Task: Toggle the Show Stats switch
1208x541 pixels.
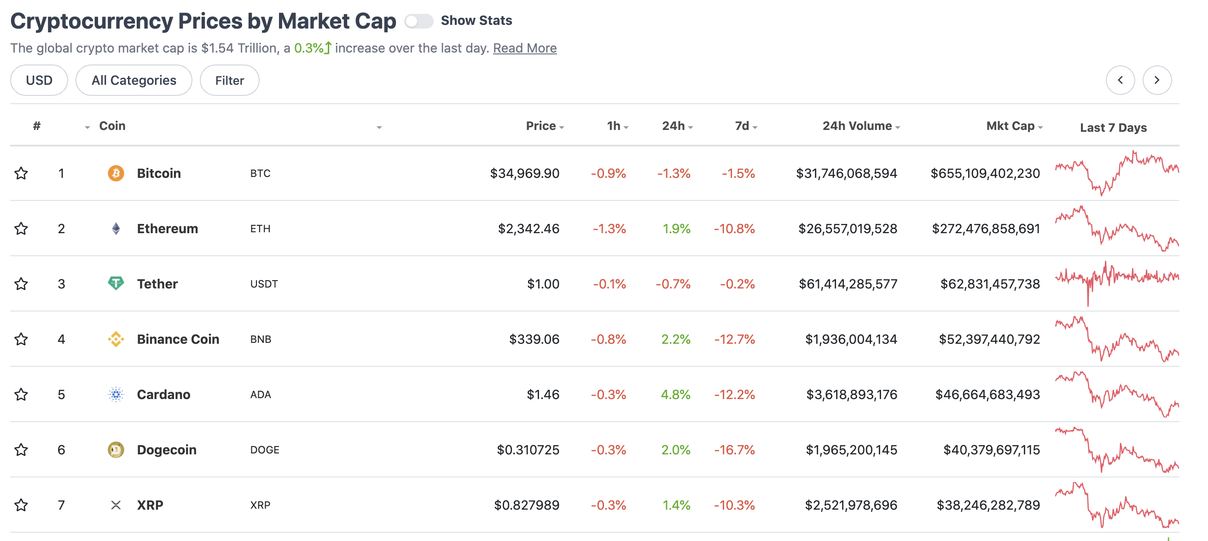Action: [418, 21]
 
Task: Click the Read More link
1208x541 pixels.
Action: [524, 48]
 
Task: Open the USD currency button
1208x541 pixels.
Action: [39, 80]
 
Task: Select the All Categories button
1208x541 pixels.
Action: [134, 80]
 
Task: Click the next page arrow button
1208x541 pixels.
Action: [1156, 80]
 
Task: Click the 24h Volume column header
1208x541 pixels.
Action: [857, 126]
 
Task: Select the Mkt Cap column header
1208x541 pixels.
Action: [1010, 126]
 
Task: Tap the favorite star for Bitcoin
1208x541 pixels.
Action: [21, 174]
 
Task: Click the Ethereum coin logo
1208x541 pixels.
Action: [116, 229]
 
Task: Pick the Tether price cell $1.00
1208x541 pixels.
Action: [543, 284]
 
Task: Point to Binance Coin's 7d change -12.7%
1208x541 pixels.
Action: [734, 339]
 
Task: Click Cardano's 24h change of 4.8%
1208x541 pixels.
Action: [675, 394]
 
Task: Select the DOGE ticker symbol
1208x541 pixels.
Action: [265, 450]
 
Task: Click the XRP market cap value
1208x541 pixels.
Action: [988, 505]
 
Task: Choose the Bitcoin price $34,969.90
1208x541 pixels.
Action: [524, 174]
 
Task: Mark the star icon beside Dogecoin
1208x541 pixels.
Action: [21, 450]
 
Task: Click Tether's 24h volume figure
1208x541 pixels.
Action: [848, 284]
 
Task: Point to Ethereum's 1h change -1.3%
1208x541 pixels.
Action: [609, 229]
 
